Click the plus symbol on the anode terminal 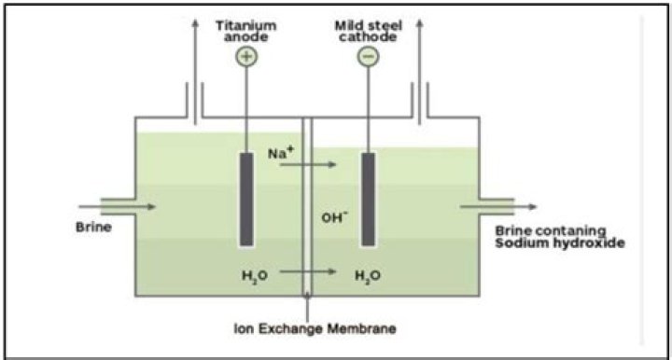click(x=246, y=57)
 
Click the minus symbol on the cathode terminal click(x=368, y=57)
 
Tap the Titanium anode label click(x=246, y=32)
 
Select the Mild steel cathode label click(x=368, y=32)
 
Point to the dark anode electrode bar click(x=246, y=200)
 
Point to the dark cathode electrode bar click(x=368, y=200)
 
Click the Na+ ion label click(x=280, y=153)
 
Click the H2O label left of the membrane click(x=255, y=276)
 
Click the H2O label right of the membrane click(x=368, y=276)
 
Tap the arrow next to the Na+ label click(x=308, y=164)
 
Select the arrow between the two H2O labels click(x=308, y=271)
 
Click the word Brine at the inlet click(x=94, y=227)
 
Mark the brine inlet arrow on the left click(x=117, y=207)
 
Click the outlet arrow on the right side click(x=498, y=207)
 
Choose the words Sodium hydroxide click(x=560, y=243)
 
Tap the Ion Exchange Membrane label click(x=315, y=328)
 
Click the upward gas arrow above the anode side click(x=195, y=72)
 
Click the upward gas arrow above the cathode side click(x=420, y=72)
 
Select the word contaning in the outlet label click(x=571, y=230)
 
